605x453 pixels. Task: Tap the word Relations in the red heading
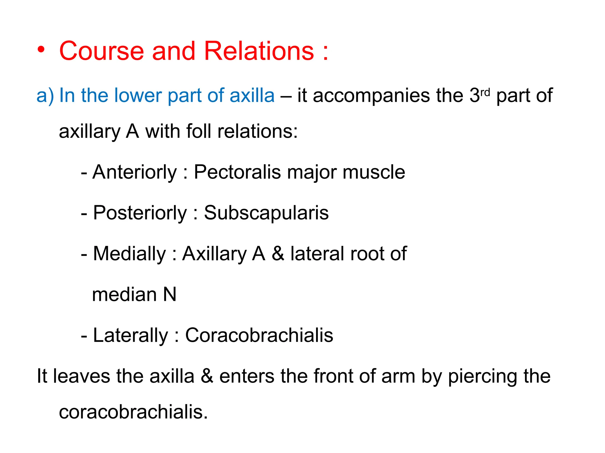pos(259,51)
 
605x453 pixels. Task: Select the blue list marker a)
pos(45,96)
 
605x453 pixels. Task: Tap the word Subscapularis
pos(266,213)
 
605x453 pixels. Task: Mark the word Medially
pos(130,254)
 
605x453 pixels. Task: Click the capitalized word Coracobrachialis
pos(259,335)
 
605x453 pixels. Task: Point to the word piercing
pos(483,377)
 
